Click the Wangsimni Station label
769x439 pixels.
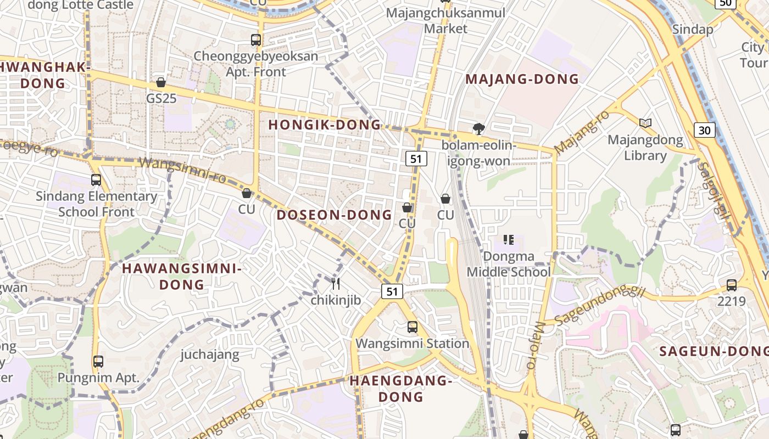[412, 344]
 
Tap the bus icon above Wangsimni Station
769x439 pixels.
[412, 327]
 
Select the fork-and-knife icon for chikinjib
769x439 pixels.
[336, 284]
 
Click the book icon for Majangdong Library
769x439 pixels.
[645, 123]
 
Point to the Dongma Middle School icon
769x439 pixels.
[509, 240]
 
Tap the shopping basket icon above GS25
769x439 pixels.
[160, 82]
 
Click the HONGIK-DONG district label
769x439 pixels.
[325, 125]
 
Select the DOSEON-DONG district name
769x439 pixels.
[334, 215]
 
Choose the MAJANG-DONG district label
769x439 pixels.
[522, 79]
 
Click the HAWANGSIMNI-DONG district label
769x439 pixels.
[181, 277]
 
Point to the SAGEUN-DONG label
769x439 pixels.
[714, 351]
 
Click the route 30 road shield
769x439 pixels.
[705, 130]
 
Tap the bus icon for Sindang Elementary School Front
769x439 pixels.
[96, 179]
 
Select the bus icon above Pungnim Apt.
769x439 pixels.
[98, 362]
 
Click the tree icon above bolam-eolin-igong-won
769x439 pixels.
[479, 129]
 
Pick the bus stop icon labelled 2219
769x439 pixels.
[731, 285]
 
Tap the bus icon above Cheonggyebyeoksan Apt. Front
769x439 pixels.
[255, 40]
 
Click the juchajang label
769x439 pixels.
[210, 354]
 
